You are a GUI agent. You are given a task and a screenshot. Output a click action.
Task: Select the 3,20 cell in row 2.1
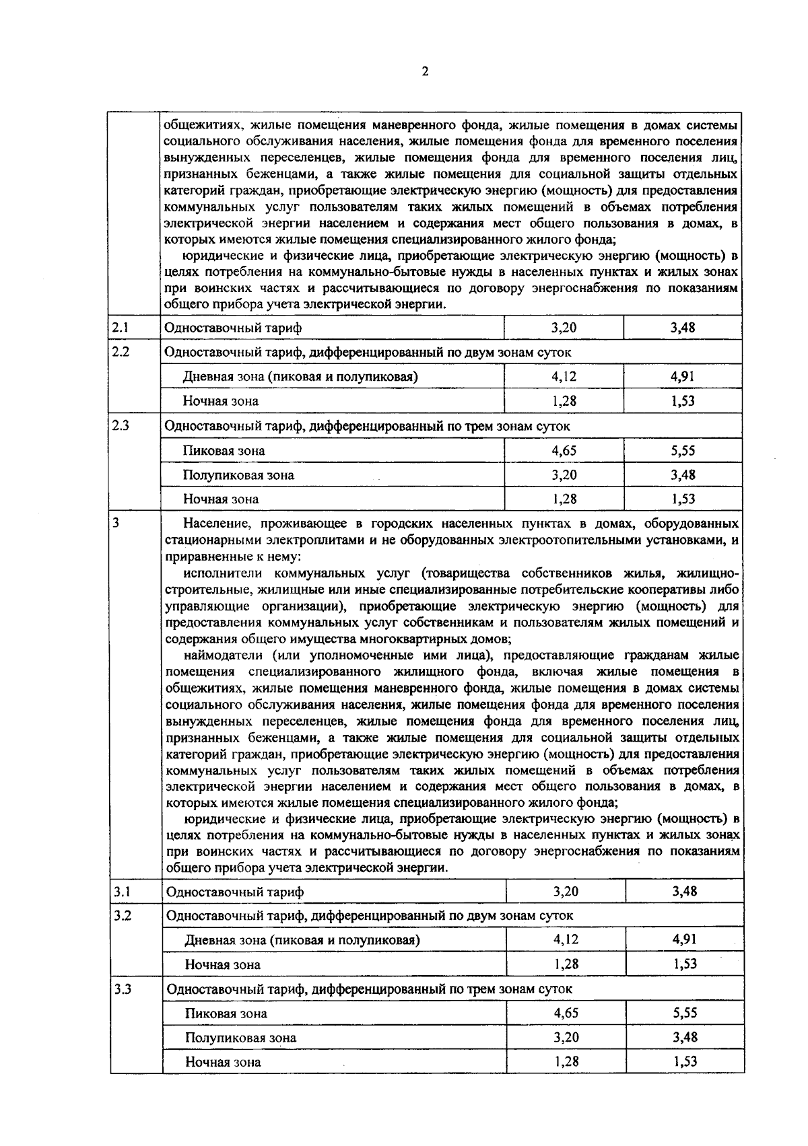[564, 328]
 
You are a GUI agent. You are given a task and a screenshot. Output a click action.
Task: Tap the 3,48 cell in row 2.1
[683, 328]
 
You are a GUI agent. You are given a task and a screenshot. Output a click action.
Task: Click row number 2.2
[121, 351]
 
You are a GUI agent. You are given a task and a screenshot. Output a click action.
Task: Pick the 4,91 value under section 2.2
[683, 376]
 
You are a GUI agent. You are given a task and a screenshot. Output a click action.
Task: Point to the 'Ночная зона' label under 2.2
[220, 401]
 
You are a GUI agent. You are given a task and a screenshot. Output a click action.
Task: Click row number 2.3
[121, 425]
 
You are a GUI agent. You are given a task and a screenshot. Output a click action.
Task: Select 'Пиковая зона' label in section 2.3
[224, 451]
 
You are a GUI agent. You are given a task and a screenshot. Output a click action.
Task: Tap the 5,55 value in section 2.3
[683, 451]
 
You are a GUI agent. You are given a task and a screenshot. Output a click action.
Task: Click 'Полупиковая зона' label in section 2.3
[238, 475]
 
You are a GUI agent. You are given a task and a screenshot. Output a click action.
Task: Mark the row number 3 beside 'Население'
[116, 523]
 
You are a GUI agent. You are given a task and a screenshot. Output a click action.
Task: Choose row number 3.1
[121, 892]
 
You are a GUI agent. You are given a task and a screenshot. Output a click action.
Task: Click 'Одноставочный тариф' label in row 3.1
[234, 892]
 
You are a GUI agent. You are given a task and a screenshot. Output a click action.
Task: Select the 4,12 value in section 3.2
[566, 939]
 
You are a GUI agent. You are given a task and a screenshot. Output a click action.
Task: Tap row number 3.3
[122, 989]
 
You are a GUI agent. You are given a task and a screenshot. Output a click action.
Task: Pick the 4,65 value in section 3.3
[566, 1013]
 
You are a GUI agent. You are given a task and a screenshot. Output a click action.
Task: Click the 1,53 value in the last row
[685, 1062]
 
